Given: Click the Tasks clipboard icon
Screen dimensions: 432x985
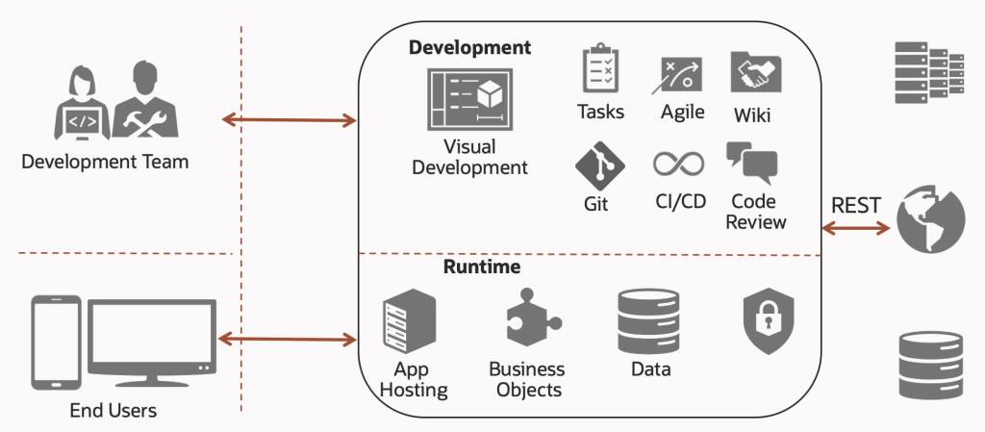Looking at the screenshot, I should pyautogui.click(x=600, y=67).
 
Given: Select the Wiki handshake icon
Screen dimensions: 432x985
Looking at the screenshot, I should pyautogui.click(x=755, y=72).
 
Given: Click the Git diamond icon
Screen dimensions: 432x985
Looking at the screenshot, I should pyautogui.click(x=600, y=164).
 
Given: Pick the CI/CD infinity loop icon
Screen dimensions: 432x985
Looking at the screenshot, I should pyautogui.click(x=679, y=163).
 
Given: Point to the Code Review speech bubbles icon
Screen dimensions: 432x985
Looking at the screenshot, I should pyautogui.click(x=751, y=163).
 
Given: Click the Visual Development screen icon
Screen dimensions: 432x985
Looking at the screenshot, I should pyautogui.click(x=469, y=99).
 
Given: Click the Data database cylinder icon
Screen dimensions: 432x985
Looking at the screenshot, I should pyautogui.click(x=648, y=321).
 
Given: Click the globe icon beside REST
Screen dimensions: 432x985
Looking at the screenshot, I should pyautogui.click(x=930, y=217).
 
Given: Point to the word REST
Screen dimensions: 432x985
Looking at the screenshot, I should pyautogui.click(x=856, y=205).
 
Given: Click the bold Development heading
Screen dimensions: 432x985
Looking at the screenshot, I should pyautogui.click(x=469, y=47).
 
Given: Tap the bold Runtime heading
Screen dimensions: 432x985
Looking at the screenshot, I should pyautogui.click(x=482, y=267).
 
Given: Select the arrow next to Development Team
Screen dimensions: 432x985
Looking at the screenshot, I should pyautogui.click(x=289, y=120).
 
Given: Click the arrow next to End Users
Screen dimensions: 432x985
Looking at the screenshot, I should pyautogui.click(x=289, y=339).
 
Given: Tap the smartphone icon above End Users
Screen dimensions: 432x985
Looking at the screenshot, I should pyautogui.click(x=55, y=342).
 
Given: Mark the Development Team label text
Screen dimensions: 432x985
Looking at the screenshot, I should pyautogui.click(x=105, y=161).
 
